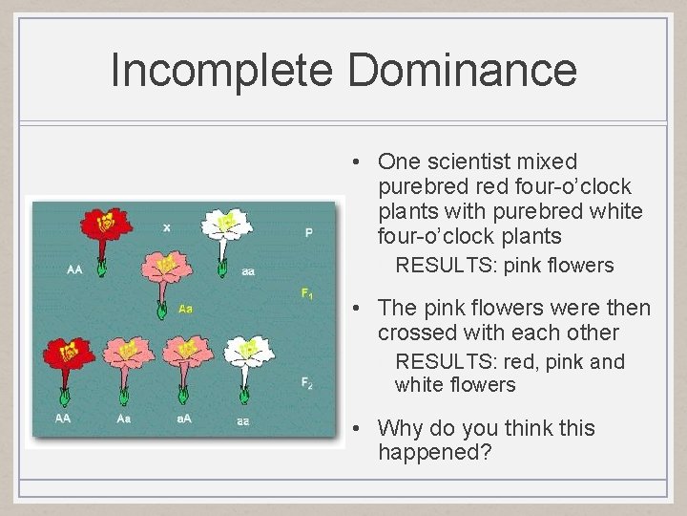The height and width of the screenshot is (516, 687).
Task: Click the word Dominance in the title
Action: pos(462,71)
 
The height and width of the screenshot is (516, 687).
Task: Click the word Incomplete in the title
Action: pos(221,71)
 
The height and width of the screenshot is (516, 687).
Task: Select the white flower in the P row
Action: pos(225,226)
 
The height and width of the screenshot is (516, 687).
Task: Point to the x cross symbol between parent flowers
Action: pos(167,227)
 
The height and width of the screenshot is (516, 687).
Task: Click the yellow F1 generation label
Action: pos(307,293)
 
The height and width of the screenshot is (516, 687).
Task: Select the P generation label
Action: pos(308,232)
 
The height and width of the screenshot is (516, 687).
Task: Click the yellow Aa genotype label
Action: pos(185,309)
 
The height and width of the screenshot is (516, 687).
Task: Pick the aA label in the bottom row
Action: pos(184,419)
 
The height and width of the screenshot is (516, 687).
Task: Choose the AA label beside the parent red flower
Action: pos(74,270)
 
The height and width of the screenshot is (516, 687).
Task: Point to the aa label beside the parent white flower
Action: pos(248,271)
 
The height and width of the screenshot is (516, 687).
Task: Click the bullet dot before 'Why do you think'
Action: pos(354,429)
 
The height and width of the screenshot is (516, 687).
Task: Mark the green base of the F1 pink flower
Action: pos(161,308)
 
